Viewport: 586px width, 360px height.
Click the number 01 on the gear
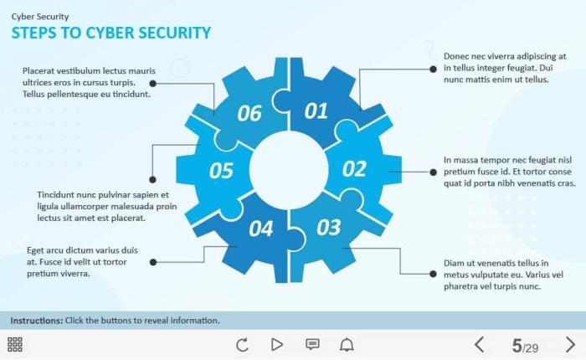(x=316, y=111)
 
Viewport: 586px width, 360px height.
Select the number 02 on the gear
(x=354, y=169)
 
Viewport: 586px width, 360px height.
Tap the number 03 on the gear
(x=329, y=226)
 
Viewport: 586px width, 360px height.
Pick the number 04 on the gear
(x=260, y=228)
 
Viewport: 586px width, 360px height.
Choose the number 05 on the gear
(x=221, y=171)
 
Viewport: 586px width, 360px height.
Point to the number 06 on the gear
(x=249, y=113)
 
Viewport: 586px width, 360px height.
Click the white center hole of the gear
(x=287, y=168)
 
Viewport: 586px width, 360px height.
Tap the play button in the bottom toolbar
(x=277, y=344)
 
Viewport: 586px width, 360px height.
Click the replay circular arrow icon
(x=243, y=344)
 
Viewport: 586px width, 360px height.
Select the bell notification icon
(x=347, y=344)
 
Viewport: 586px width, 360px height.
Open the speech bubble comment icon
(x=312, y=344)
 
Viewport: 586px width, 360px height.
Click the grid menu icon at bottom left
(x=15, y=344)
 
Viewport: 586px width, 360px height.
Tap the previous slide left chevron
(x=480, y=344)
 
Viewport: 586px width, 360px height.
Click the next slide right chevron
(x=571, y=344)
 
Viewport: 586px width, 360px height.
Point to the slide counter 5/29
(x=525, y=345)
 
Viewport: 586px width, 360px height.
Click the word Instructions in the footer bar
(x=36, y=321)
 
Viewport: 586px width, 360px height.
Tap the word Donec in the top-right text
(x=458, y=56)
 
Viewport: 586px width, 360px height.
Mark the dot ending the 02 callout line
(x=433, y=171)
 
